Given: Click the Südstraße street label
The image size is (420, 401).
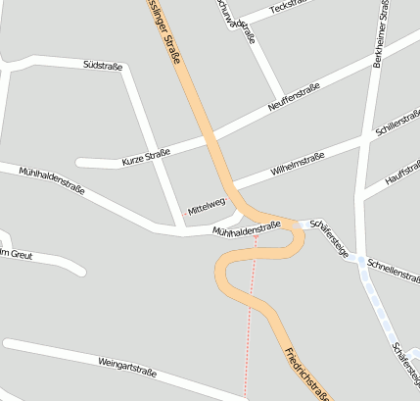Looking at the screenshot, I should [x=103, y=65].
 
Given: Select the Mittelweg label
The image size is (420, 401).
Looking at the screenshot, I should [x=207, y=204].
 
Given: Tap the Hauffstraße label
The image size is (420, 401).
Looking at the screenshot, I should [x=401, y=171].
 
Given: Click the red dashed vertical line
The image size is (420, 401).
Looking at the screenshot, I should [x=250, y=324].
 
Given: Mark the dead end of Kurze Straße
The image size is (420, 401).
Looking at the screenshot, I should [x=80, y=163].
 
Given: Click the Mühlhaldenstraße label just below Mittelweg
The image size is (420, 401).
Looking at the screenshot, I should [x=247, y=227].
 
